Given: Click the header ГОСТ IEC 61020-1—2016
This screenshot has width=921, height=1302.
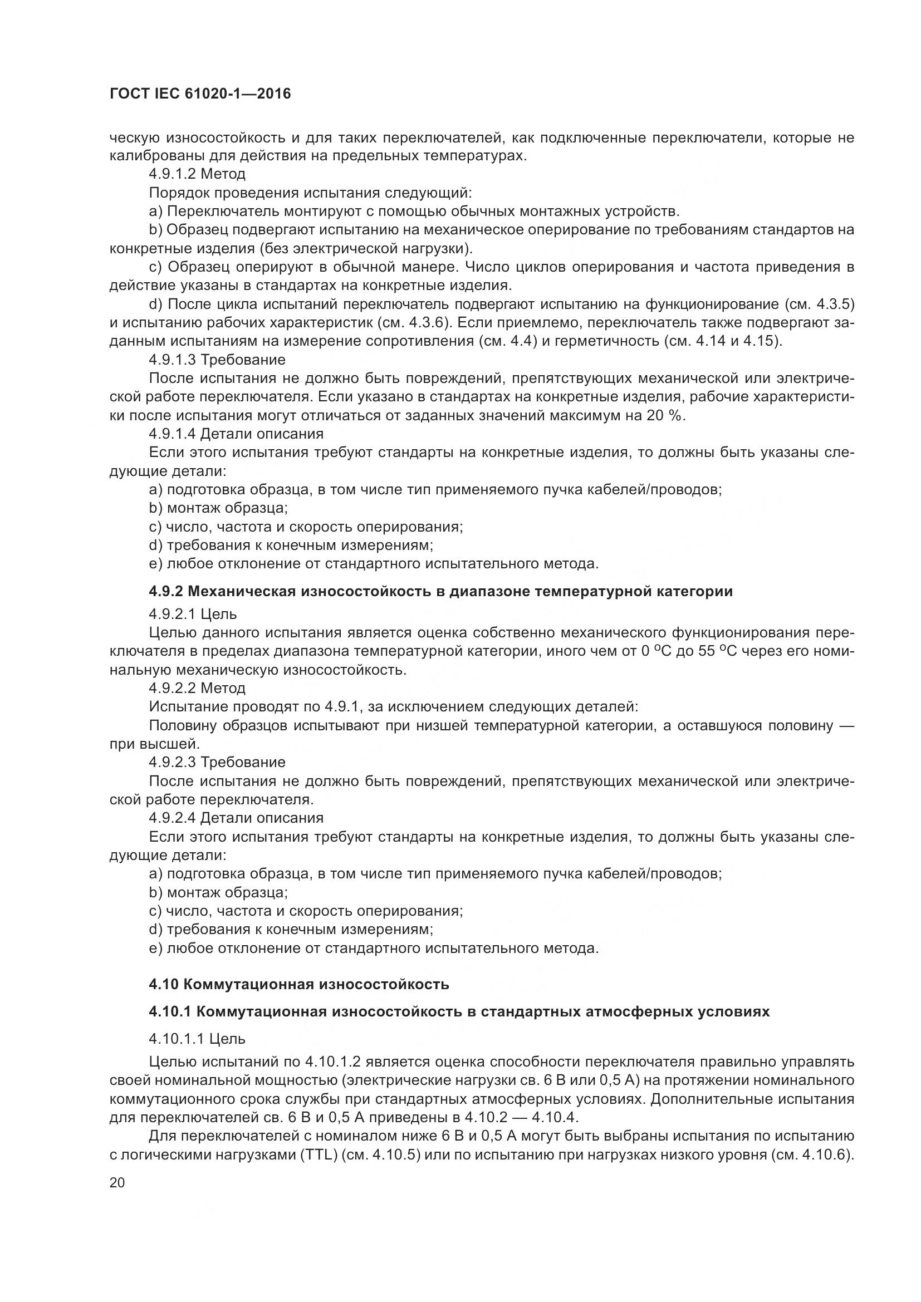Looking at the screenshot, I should click(x=200, y=94).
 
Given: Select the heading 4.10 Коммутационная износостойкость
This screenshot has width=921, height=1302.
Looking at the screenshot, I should click(x=299, y=984).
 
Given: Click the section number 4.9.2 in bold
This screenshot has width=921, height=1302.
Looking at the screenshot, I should click(x=165, y=592).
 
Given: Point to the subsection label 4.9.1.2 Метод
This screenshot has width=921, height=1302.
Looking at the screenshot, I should click(x=197, y=174).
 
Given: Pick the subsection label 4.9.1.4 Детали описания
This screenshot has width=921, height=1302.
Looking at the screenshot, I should click(x=236, y=434).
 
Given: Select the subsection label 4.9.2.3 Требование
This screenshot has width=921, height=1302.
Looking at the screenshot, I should click(x=217, y=762).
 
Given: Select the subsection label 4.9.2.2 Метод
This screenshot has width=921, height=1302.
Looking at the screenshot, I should click(x=197, y=689).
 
